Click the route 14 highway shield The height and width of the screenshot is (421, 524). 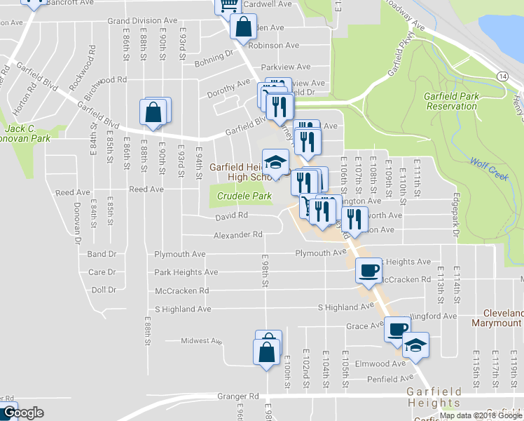(503, 76)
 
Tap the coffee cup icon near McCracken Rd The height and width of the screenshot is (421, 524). (368, 270)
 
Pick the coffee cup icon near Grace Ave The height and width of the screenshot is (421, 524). (397, 328)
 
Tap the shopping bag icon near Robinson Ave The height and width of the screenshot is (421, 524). (242, 28)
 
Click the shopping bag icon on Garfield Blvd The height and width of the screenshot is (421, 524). (153, 112)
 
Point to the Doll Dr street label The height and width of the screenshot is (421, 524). (103, 290)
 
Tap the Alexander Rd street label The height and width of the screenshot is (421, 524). (237, 234)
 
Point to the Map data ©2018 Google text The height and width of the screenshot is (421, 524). (481, 415)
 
